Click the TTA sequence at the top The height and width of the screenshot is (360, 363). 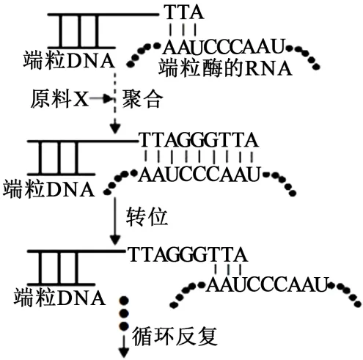point(184,12)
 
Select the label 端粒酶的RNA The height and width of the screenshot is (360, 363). point(225,68)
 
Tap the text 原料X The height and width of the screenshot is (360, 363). point(59,99)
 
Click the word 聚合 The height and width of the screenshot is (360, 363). point(142,99)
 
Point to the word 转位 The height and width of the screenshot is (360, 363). point(147,217)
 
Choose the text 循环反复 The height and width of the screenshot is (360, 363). point(175,336)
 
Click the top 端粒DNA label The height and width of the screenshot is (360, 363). point(69,60)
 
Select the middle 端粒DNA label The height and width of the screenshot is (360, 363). point(48,189)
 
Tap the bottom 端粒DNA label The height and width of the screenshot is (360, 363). point(60,297)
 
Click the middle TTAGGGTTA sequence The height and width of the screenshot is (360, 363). point(199,140)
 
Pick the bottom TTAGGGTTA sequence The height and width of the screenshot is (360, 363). point(188,254)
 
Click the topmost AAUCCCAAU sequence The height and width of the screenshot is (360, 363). point(224,46)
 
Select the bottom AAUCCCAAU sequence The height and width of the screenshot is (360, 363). point(267,284)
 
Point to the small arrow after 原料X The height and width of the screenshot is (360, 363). point(100,98)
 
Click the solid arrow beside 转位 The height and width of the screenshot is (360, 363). point(114,220)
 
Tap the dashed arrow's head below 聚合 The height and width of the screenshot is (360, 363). point(115,129)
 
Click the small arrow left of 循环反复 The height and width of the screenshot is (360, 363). point(124,346)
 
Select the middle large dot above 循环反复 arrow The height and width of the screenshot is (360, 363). point(124,313)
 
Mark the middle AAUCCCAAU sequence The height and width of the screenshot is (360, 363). point(199,175)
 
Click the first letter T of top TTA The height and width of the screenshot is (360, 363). point(171,12)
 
